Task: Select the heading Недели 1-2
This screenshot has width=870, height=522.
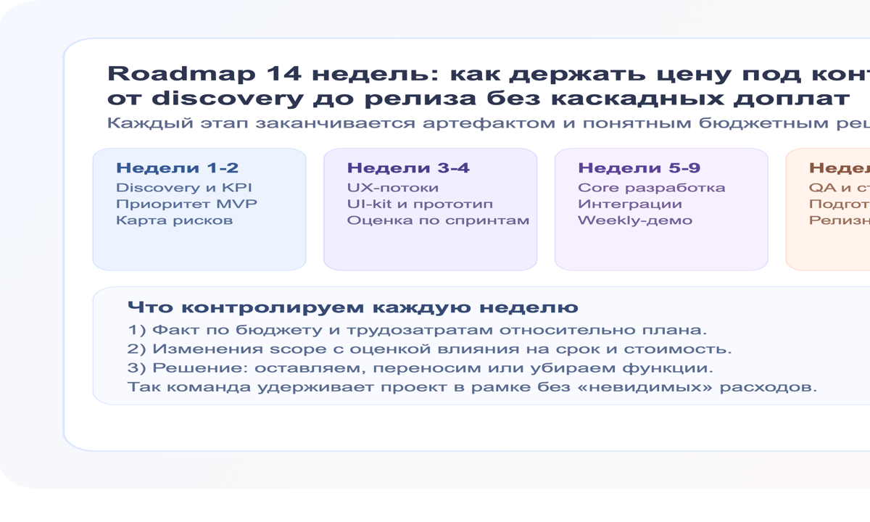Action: coord(177,168)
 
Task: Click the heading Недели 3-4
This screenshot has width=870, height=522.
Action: coord(408,168)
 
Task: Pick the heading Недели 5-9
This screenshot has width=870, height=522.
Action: coord(639,168)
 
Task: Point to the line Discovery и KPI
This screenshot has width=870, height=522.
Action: coord(184,188)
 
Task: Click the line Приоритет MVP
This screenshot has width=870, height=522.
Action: coord(186,204)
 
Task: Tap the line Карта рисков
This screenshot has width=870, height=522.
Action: coord(174,220)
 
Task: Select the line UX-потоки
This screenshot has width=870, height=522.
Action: coord(392,188)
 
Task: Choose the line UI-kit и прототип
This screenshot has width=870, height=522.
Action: coord(420,204)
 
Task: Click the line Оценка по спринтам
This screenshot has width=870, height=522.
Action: coord(438,220)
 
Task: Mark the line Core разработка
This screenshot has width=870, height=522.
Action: coord(651,188)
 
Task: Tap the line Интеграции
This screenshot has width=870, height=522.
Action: coord(629,204)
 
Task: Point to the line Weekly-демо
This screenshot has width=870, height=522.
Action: coord(634,220)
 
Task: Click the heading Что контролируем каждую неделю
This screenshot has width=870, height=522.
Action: coord(352,307)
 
